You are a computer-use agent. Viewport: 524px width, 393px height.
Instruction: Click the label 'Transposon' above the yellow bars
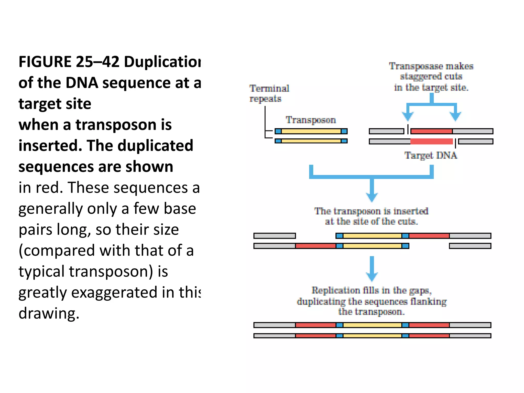coord(311,120)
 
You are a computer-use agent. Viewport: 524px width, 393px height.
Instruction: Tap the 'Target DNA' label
coord(431,155)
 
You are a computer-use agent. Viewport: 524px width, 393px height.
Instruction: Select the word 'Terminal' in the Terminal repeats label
coord(269,89)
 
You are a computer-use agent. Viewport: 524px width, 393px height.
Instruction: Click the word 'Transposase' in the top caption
coord(416,66)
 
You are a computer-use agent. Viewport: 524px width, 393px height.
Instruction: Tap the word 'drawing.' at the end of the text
coord(49,313)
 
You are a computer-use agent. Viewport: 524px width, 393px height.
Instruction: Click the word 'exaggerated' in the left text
coord(114,292)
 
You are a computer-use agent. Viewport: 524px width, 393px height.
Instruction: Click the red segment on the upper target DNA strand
coord(431,131)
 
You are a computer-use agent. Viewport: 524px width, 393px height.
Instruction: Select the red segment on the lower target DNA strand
coord(431,141)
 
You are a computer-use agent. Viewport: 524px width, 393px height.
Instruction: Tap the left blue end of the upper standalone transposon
coord(278,131)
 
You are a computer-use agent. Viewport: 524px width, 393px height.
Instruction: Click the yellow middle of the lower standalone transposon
coord(311,141)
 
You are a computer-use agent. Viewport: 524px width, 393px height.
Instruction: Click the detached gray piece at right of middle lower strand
coord(470,246)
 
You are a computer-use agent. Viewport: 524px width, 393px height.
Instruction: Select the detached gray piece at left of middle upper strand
coord(275,236)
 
